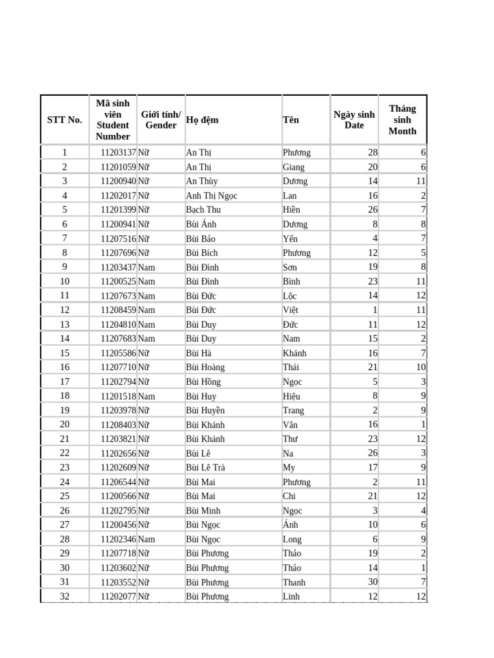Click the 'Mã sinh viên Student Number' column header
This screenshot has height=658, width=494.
(113, 120)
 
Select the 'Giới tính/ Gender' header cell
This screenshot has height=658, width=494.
(161, 120)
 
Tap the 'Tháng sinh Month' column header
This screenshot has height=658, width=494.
(402, 120)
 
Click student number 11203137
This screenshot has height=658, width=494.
(118, 153)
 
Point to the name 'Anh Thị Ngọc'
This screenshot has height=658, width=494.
(211, 195)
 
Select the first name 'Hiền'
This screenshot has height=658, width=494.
(291, 209)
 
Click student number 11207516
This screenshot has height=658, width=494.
(118, 238)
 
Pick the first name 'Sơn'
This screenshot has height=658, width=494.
(290, 267)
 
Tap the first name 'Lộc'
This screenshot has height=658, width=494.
(290, 296)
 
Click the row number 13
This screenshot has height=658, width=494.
(64, 325)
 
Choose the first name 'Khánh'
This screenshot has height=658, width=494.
(295, 353)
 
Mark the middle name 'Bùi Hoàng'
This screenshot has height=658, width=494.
(205, 367)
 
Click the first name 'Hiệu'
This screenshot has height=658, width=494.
(291, 396)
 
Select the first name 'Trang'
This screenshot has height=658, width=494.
(293, 410)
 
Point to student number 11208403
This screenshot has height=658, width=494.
(118, 425)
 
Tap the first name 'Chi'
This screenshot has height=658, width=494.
(289, 496)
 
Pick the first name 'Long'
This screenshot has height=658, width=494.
(291, 539)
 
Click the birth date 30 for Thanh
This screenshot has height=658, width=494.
(372, 582)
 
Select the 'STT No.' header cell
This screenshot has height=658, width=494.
(64, 120)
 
